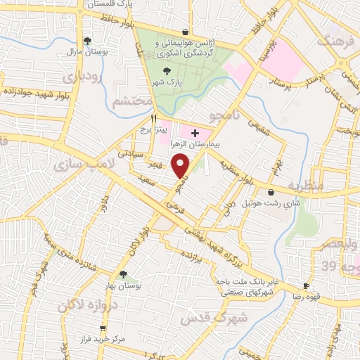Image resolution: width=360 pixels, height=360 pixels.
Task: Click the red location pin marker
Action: coord(182,167)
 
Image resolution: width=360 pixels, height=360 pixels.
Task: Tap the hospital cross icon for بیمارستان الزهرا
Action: coord(195,133)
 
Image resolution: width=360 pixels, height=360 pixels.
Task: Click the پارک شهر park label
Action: coord(167,82)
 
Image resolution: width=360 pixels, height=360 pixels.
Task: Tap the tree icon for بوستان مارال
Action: coord(87,41)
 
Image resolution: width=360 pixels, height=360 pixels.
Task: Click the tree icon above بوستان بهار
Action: coord(124,275)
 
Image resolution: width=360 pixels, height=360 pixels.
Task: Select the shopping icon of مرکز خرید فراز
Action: coord(103,328)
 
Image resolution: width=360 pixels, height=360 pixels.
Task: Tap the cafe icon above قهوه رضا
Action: coord(306,285)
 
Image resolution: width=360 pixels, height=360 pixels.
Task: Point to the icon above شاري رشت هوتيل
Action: coord(271,192)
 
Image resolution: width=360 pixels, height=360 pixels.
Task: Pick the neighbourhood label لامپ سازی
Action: coord(77,165)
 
